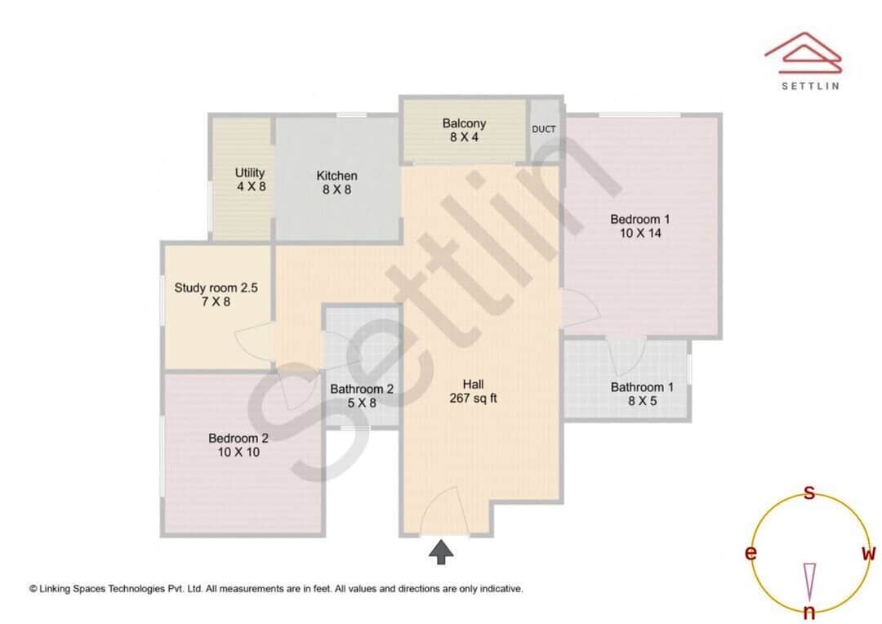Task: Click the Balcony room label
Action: pos(464,123)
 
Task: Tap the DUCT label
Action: pos(544,129)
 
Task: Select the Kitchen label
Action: pos(336,176)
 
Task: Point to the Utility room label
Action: pos(250,173)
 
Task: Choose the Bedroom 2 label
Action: pos(238,438)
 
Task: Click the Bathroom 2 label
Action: pos(362,390)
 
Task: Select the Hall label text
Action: pos(474,384)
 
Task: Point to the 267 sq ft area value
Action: pos(474,399)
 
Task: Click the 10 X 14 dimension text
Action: pos(640,233)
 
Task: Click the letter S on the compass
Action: pos(809,493)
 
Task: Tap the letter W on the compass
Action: pos(868,553)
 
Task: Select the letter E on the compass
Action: pos(750,554)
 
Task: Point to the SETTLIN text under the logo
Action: pos(809,85)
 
